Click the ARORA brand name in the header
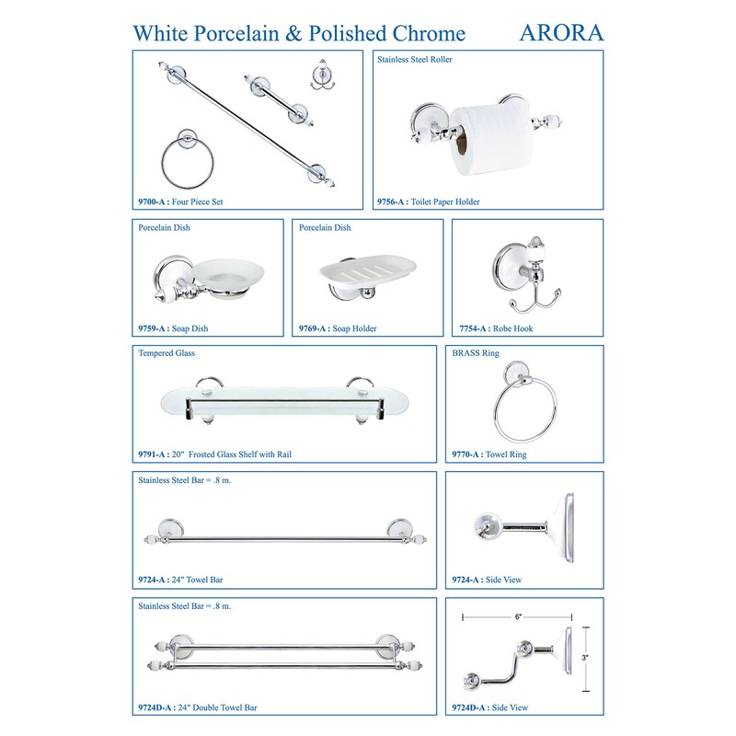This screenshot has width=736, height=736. pos(561,32)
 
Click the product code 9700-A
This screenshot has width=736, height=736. pos(153,201)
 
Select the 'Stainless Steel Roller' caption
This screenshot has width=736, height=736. pos(414,60)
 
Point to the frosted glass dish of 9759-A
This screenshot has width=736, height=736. pos(224,275)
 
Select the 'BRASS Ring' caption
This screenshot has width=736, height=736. pos(476,352)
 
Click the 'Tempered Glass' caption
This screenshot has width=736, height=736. pos(167,352)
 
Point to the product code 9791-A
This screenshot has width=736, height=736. pos(153,454)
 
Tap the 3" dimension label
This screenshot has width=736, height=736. pos(584,658)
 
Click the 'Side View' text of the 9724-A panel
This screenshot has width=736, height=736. pos(503,581)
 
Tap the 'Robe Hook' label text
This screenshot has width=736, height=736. pos(512,328)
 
